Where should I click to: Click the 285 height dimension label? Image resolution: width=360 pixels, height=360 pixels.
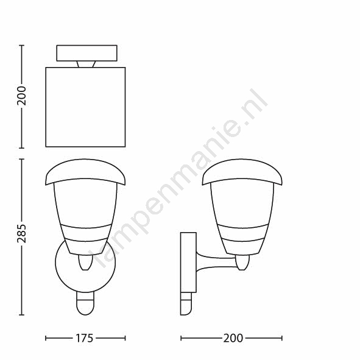point(21,233)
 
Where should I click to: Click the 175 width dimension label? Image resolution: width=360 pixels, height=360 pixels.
point(84,338)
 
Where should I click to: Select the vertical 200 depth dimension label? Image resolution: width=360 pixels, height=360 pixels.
point(21,96)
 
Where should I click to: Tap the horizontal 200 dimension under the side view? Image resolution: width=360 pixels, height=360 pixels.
point(233,338)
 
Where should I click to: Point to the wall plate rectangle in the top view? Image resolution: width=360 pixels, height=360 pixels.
point(86,53)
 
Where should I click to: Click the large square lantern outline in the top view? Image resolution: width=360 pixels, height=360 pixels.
point(85,107)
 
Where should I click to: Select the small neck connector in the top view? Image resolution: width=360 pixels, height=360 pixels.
point(86,65)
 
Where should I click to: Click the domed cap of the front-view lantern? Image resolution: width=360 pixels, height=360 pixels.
point(85,171)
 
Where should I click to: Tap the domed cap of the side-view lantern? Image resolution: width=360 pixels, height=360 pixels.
point(242,171)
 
